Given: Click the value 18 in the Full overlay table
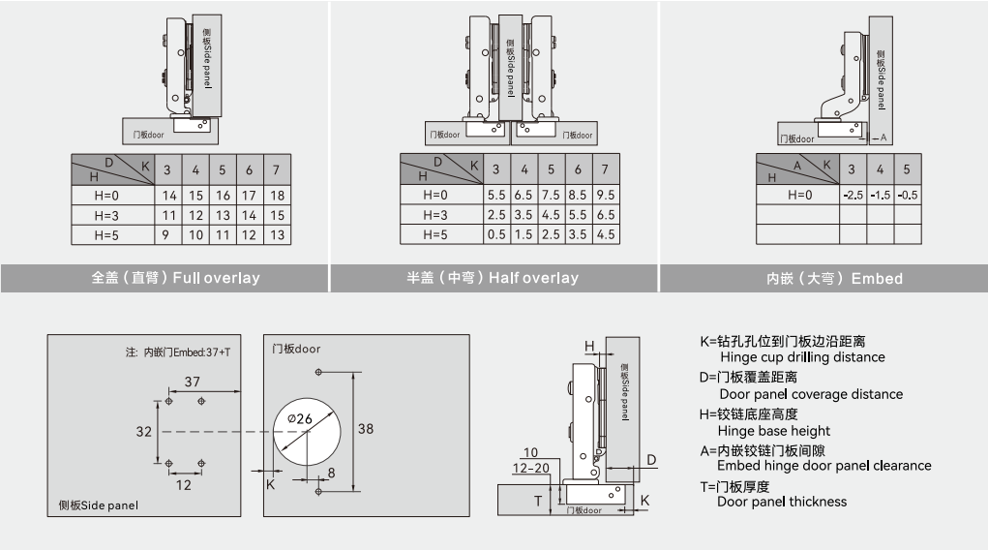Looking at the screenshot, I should tap(277, 196).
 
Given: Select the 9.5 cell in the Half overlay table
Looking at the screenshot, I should tap(606, 196).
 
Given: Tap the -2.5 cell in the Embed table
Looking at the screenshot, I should tap(852, 195).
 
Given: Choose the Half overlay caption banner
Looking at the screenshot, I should tap(493, 278).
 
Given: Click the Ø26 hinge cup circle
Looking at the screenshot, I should tap(307, 431).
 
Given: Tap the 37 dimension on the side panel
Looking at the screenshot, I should tap(192, 381).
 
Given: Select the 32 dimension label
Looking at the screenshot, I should tap(143, 431).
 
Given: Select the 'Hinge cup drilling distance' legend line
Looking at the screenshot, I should tap(801, 357).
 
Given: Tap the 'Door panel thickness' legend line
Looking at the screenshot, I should tap(781, 502).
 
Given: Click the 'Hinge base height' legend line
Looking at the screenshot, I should tap(773, 431).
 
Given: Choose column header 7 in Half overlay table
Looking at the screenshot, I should tap(606, 169).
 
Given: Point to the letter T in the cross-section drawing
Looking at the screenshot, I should tap(539, 501).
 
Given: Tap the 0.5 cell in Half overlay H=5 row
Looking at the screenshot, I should tap(496, 234).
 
